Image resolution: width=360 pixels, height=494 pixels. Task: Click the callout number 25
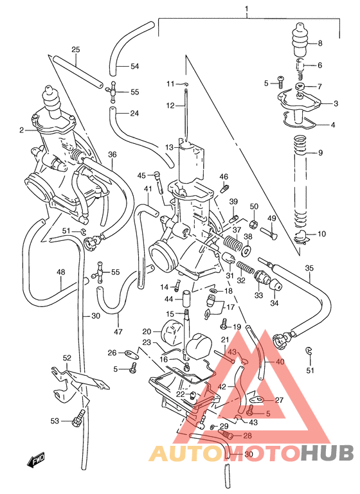75,49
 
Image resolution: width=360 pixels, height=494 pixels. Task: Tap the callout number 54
134,66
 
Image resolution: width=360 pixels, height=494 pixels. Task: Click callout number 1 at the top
246,9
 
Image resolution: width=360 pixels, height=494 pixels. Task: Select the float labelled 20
171,333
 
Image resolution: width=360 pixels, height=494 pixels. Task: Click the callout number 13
169,147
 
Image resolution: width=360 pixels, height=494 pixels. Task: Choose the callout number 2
21,130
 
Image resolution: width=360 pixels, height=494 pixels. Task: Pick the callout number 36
112,154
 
